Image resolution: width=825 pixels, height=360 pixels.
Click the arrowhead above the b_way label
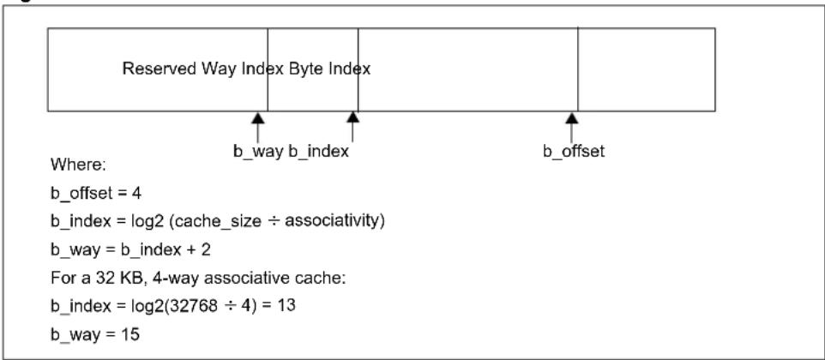pos(257,117)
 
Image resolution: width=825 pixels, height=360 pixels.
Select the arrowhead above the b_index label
pos(353,117)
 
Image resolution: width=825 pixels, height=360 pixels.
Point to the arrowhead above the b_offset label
pos(572,117)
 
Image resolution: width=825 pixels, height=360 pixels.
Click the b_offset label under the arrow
pos(574,152)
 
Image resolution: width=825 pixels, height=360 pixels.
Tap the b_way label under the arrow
pos(258,152)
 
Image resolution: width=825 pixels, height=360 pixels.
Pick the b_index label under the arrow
pos(319,152)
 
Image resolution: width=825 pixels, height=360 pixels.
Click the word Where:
pos(78,165)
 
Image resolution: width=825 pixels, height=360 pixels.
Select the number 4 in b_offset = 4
pos(137,194)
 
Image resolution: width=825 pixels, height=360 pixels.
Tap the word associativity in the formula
pos(334,221)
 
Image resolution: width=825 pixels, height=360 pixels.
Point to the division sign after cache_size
pos(273,221)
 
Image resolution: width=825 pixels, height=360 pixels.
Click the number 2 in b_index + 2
pos(206,249)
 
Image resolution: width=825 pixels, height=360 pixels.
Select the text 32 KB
pos(99,277)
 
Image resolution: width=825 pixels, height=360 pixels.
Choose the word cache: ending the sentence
pos(323,277)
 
